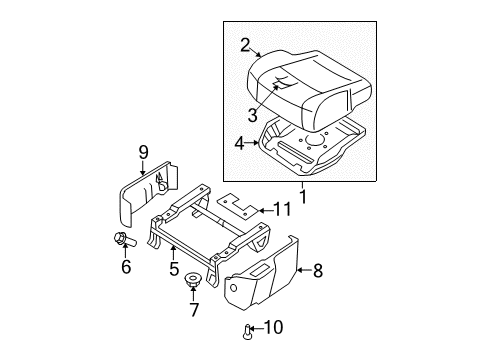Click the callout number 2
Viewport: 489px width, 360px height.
[x=244, y=44]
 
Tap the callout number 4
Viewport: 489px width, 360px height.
[x=240, y=143]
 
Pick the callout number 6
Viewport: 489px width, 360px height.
[x=125, y=267]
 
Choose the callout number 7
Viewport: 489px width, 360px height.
[x=194, y=310]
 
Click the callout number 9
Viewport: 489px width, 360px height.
[x=143, y=152]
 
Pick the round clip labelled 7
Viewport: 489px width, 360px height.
[x=194, y=288]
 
